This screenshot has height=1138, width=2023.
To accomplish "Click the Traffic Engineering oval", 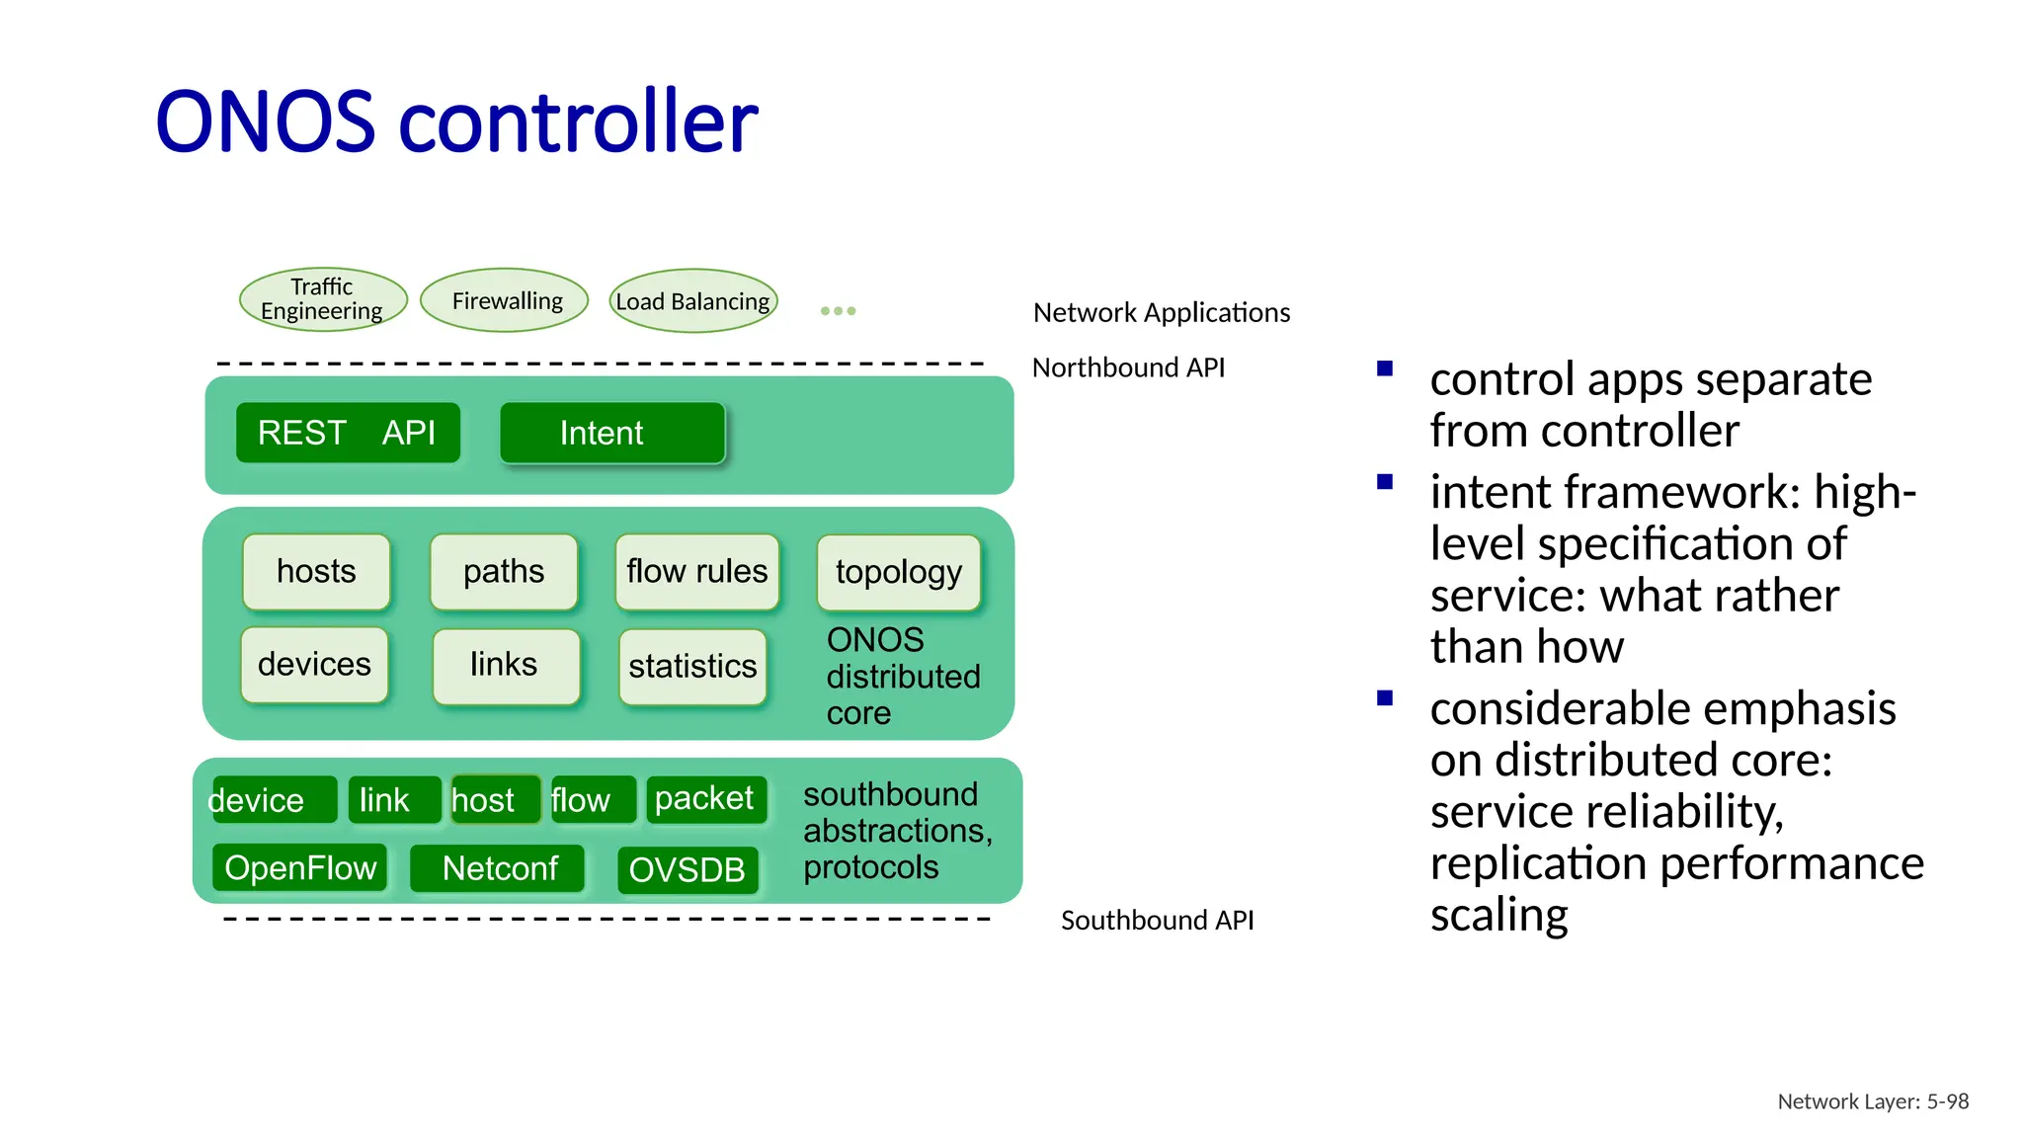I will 323,299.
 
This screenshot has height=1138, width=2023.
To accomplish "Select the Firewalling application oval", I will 505,300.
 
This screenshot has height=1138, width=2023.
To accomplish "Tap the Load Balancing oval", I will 693,300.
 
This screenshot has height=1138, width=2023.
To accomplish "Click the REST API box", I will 348,433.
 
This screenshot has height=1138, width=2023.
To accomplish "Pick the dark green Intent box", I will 612,433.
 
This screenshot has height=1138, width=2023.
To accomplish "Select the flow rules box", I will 696,572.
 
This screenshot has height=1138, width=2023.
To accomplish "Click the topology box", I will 898,572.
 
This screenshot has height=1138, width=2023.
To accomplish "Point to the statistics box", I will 692,667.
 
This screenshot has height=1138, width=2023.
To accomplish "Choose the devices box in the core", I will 314,665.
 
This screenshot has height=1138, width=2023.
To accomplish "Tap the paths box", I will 504,572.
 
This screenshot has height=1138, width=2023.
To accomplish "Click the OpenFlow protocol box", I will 300,868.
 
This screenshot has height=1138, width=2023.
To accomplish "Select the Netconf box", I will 499,869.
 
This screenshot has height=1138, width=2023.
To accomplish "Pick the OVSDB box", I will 688,870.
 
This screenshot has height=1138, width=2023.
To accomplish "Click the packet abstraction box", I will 705,799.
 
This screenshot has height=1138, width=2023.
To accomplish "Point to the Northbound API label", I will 1128,367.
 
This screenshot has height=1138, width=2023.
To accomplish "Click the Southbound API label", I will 1157,921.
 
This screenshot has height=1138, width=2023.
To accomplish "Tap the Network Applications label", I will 1162,312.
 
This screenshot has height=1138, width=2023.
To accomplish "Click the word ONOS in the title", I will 266,122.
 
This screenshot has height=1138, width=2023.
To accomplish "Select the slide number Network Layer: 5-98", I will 1873,1101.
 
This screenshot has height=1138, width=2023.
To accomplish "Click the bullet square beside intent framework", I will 1385,483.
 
